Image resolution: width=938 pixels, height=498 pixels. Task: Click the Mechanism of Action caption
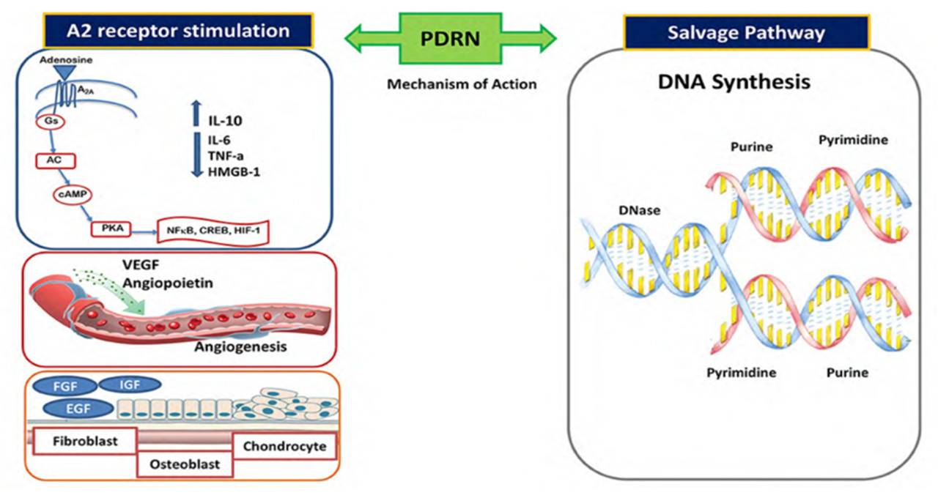pos(462,84)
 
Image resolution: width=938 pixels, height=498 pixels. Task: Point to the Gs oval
pos(51,120)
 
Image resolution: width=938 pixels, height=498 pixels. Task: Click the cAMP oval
pos(70,194)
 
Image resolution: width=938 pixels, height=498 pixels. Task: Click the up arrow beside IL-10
pos(195,114)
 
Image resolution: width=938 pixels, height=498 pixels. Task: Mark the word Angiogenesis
pos(240,345)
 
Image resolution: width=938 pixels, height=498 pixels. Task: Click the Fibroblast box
pos(86,442)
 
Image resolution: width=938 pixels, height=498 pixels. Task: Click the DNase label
pos(639,210)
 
